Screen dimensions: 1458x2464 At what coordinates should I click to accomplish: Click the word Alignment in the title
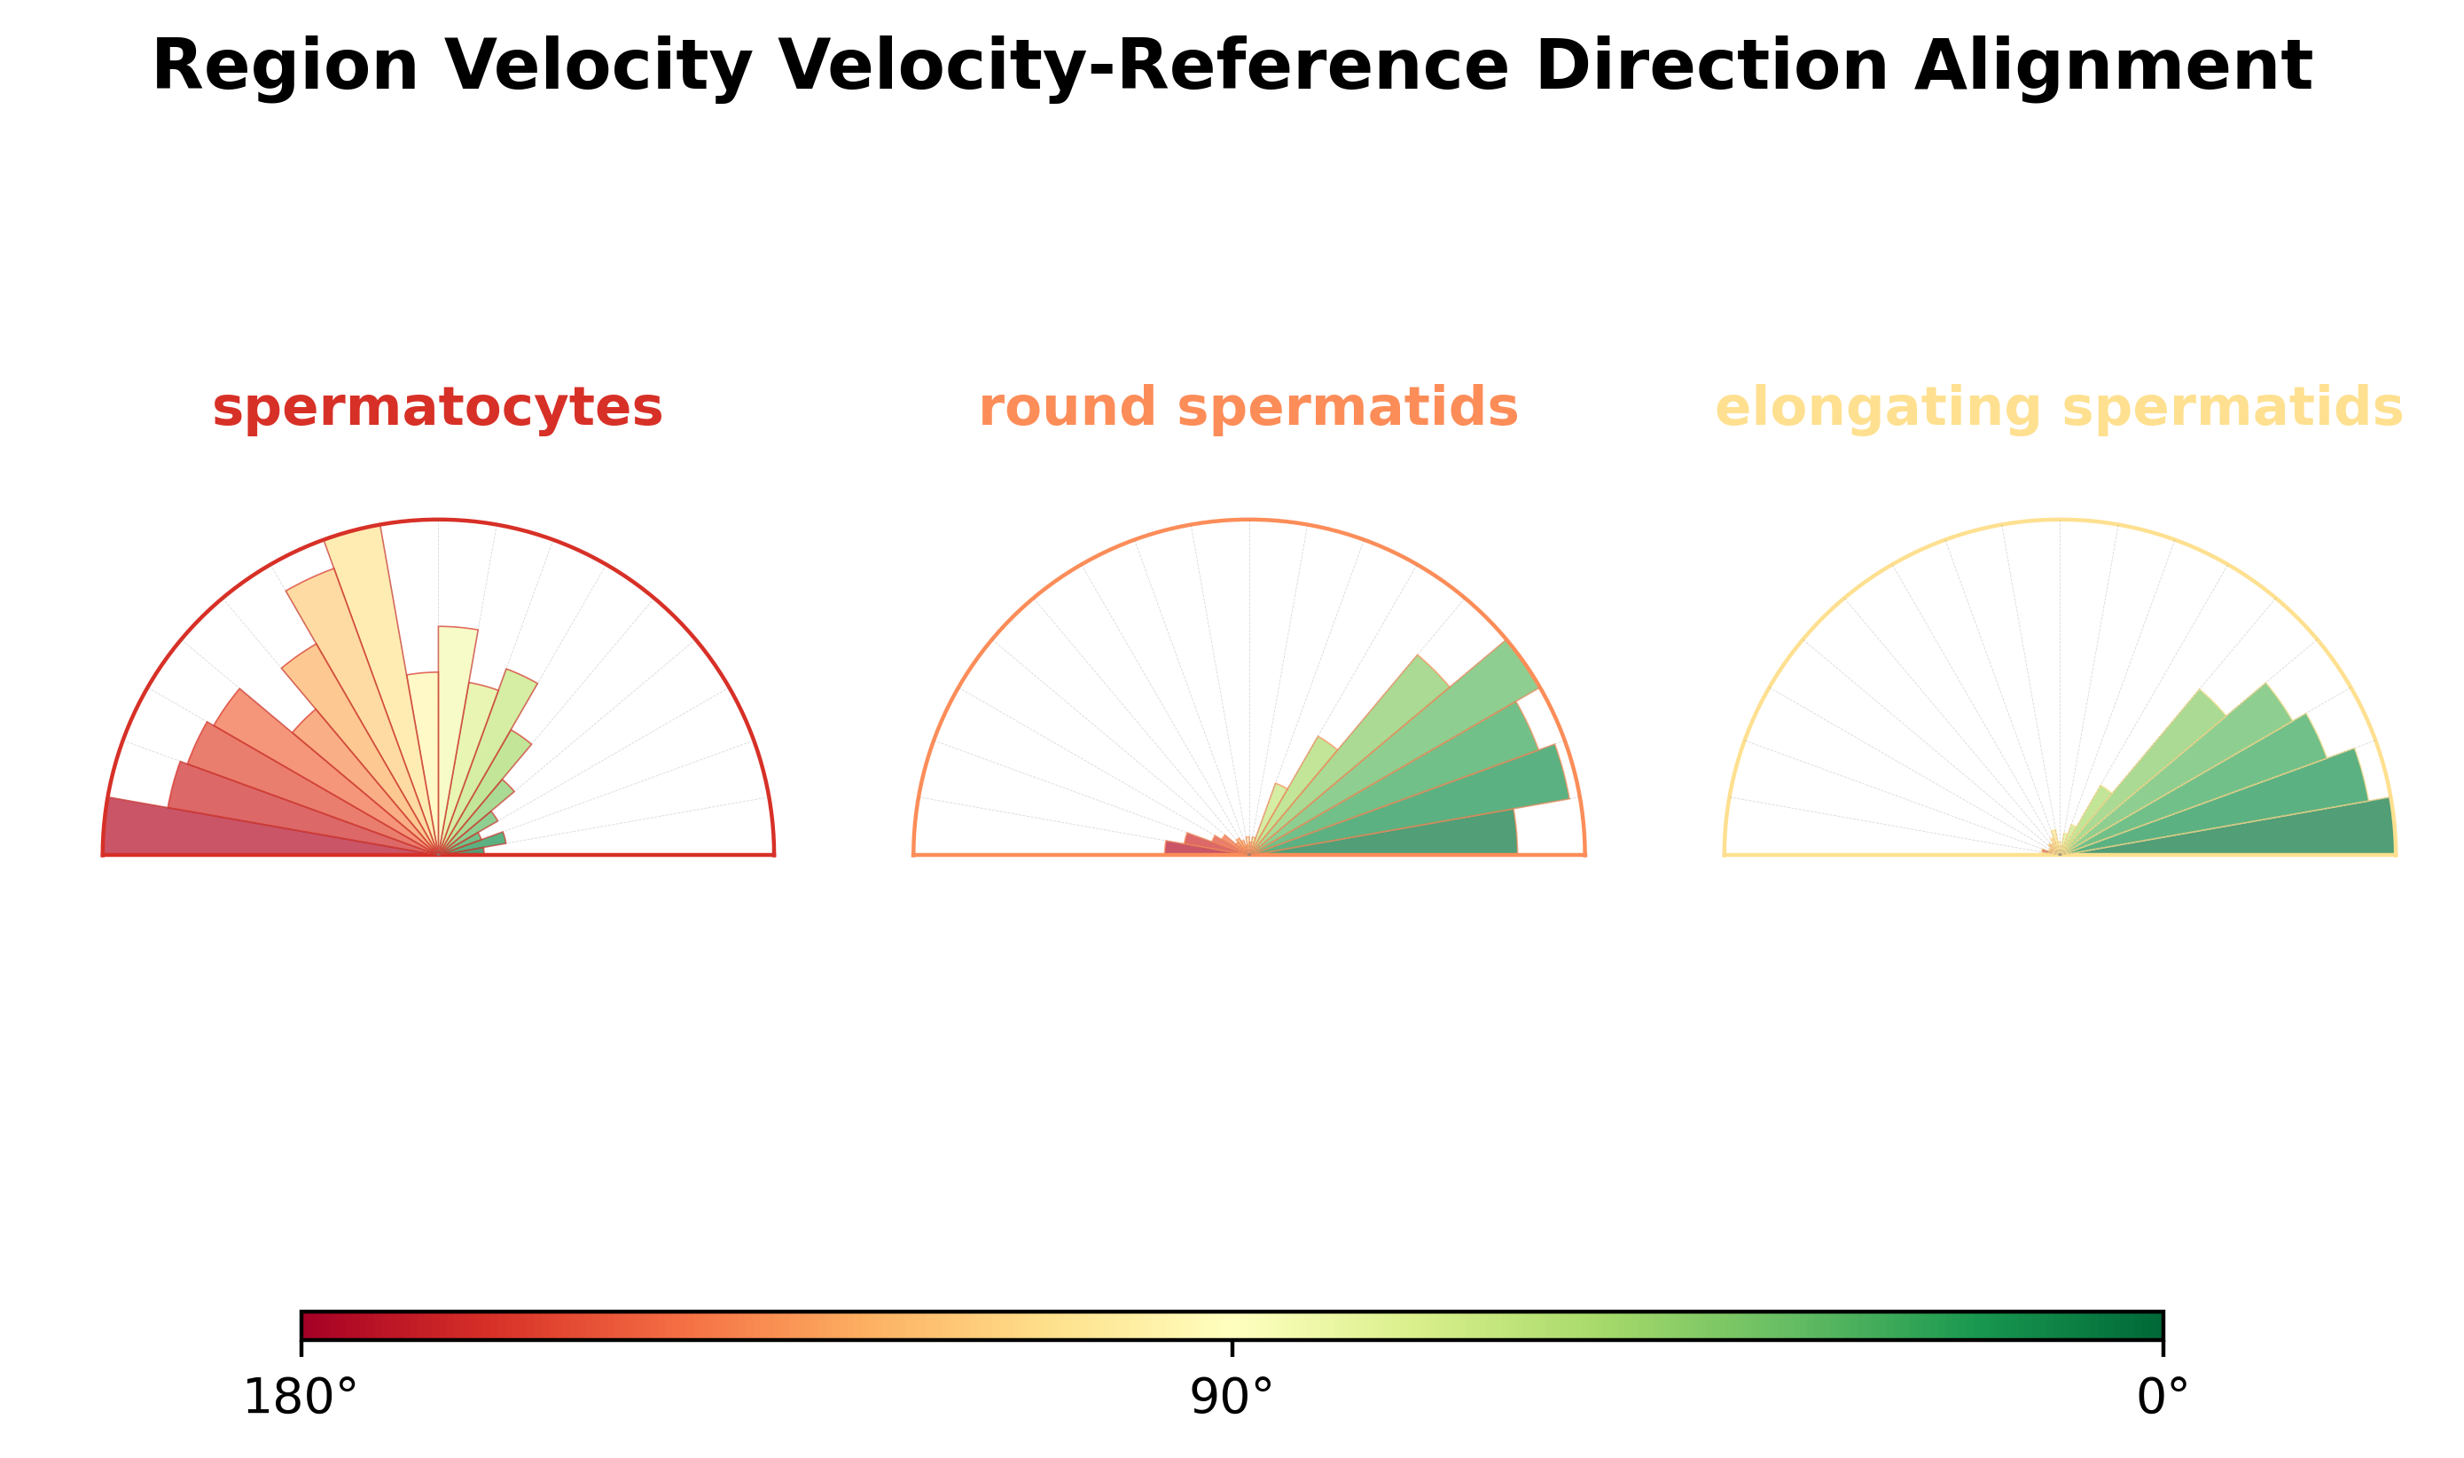tap(2111, 67)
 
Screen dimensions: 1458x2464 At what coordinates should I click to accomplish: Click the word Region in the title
tap(285, 67)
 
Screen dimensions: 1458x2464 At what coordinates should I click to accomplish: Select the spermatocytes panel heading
tap(437, 408)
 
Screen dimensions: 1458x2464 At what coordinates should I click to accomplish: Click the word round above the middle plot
tap(1067, 408)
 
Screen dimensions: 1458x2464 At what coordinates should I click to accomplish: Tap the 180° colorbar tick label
tap(301, 1398)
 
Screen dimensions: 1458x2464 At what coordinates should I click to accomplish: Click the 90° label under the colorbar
tap(1231, 1398)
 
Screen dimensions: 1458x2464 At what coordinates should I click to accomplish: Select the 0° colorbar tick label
tap(2163, 1398)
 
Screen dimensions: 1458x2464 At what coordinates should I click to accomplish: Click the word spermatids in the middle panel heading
tap(1348, 408)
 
